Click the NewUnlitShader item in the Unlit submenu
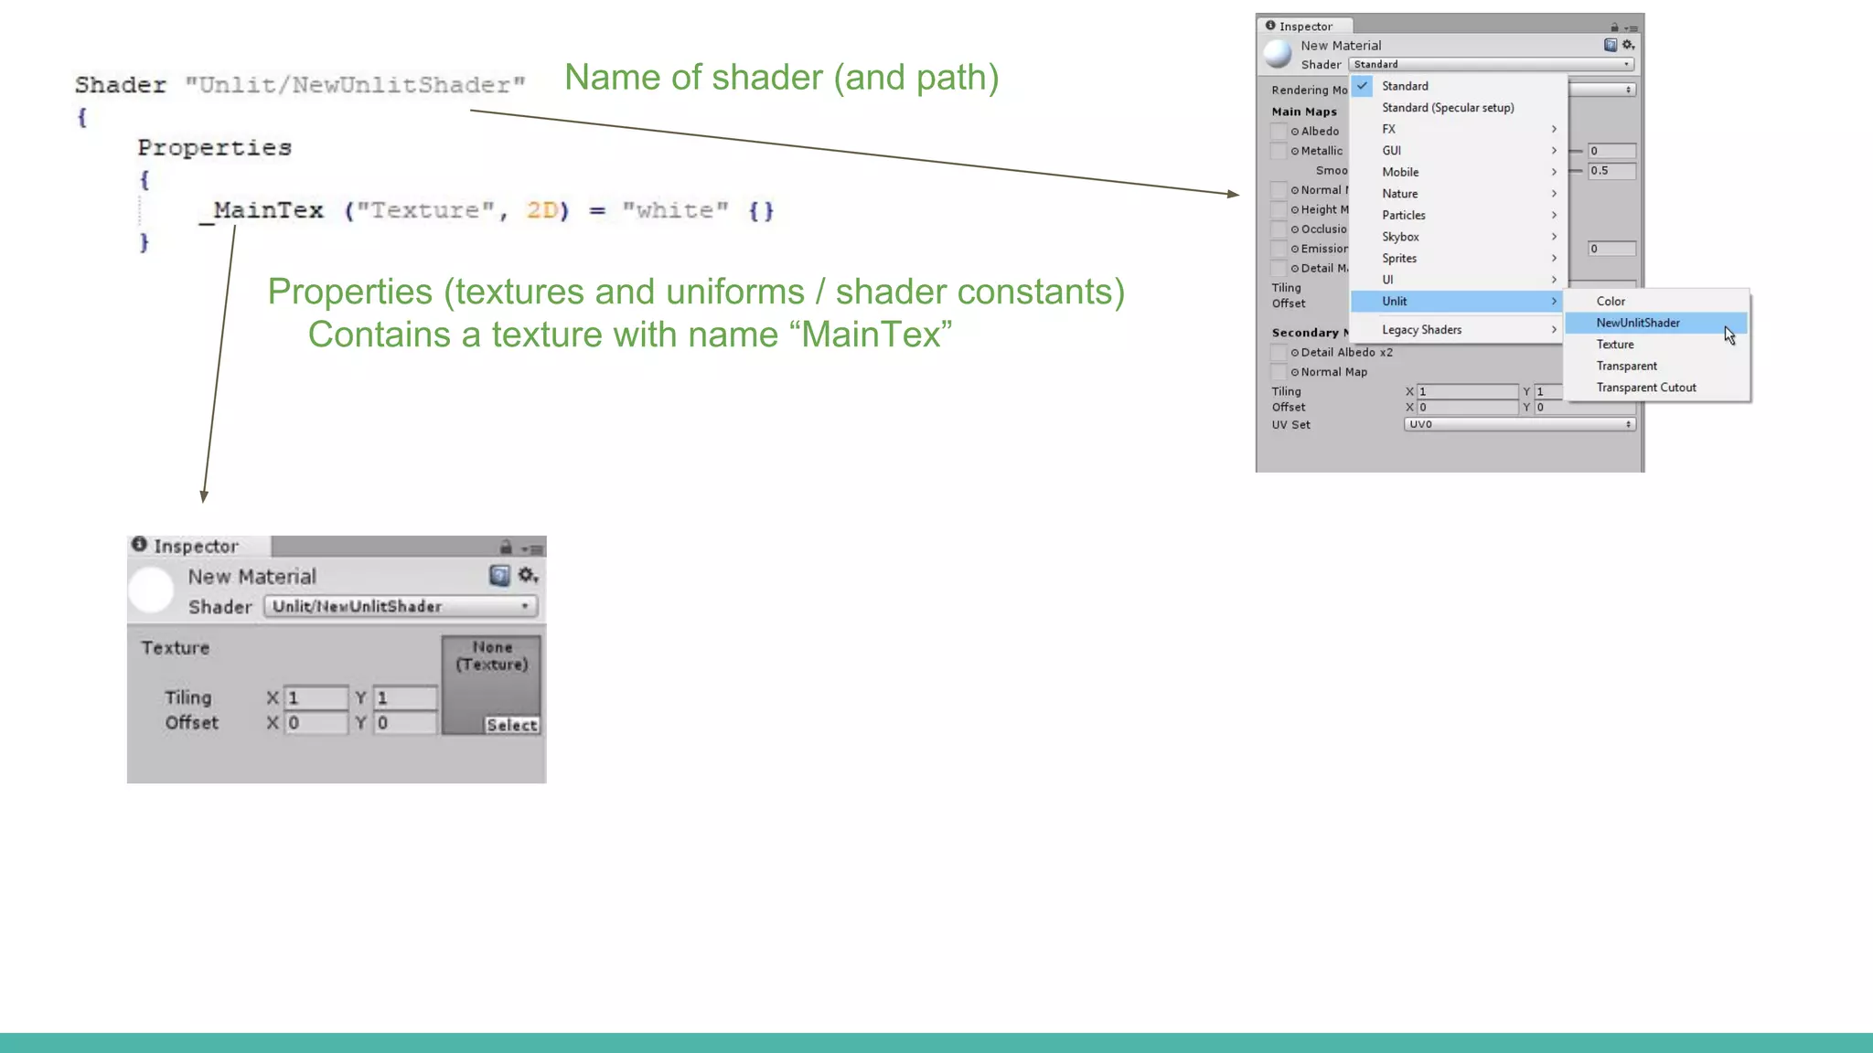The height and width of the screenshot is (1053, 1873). tap(1637, 323)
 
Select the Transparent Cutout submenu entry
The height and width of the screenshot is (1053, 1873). tap(1645, 388)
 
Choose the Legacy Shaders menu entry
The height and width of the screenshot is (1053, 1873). tap(1421, 330)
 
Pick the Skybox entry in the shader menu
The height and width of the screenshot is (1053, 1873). tap(1400, 237)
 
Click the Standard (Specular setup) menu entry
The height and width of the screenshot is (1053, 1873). tap(1448, 108)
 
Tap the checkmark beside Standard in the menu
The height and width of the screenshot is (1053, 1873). tap(1363, 86)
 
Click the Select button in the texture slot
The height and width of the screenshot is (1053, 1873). tap(511, 725)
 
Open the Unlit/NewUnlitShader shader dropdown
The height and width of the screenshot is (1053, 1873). tap(401, 606)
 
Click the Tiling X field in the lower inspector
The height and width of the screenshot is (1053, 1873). tap(316, 698)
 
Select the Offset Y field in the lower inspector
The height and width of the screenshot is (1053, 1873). tap(404, 723)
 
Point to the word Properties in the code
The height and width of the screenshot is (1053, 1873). tap(214, 148)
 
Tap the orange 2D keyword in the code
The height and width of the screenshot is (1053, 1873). tap(541, 211)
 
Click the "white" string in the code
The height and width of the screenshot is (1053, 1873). tap(675, 211)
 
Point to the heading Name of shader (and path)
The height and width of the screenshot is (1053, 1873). tap(781, 78)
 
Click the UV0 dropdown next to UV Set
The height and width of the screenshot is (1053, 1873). tap(1519, 424)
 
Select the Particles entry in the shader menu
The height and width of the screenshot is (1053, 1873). tap(1403, 216)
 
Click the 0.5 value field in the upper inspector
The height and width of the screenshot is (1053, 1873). tap(1611, 171)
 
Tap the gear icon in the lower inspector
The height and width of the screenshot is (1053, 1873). tap(528, 575)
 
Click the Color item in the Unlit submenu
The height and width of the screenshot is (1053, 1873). tap(1610, 302)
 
